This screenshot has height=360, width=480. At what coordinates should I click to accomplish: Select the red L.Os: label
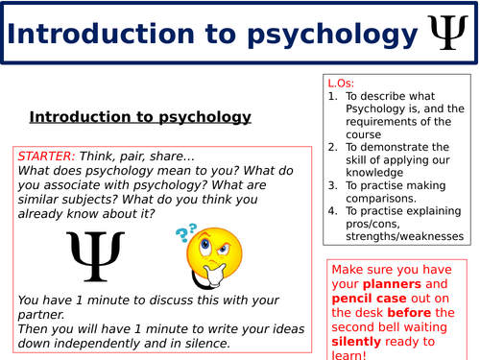[x=341, y=83]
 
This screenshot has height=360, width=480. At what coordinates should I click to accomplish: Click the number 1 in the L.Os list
[x=332, y=96]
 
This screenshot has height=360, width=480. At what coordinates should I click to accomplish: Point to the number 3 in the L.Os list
[x=332, y=185]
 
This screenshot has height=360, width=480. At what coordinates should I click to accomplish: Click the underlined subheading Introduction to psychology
[x=140, y=117]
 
